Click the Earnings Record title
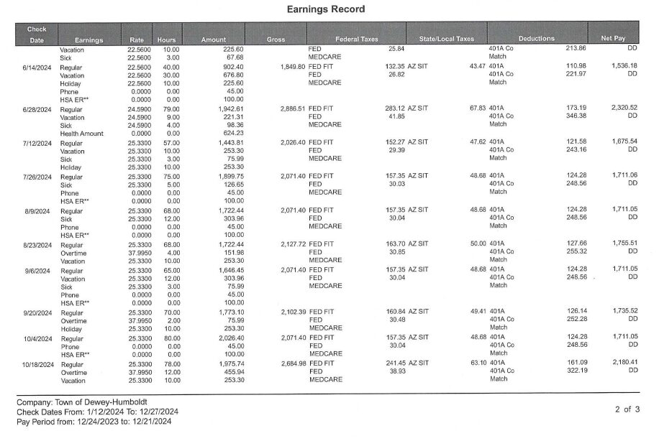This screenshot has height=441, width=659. pos(325,9)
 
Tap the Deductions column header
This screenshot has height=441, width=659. pos(536,38)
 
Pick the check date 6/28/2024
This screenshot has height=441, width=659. pos(37,109)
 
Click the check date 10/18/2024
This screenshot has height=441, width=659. pos(38,364)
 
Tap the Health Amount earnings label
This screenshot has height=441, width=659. pos(81,134)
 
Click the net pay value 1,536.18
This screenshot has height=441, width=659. pos(624,65)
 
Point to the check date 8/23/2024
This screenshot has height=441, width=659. pos(37,245)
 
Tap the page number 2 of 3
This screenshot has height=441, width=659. pos(627,409)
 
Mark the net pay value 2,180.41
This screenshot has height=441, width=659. pos(624,363)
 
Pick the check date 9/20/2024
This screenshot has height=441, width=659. pos(37,312)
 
